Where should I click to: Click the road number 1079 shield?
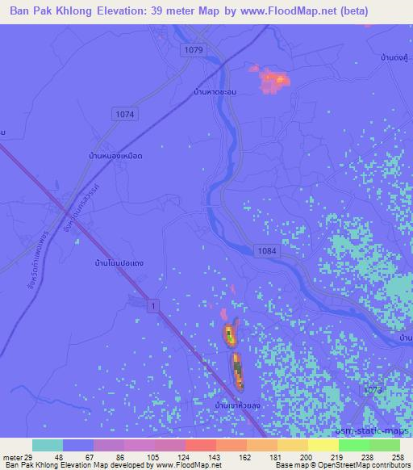pyautogui.click(x=193, y=50)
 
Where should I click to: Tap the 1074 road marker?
pyautogui.click(x=125, y=115)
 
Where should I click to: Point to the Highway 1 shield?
pyautogui.click(x=150, y=304)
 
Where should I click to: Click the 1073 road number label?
pyautogui.click(x=371, y=391)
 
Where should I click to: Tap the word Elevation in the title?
pyautogui.click(x=123, y=10)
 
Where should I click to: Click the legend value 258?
pyautogui.click(x=398, y=455)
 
